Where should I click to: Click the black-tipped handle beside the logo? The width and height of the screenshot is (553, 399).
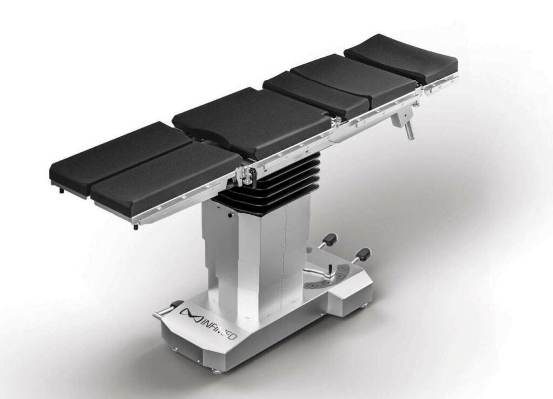pos(166,309)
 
